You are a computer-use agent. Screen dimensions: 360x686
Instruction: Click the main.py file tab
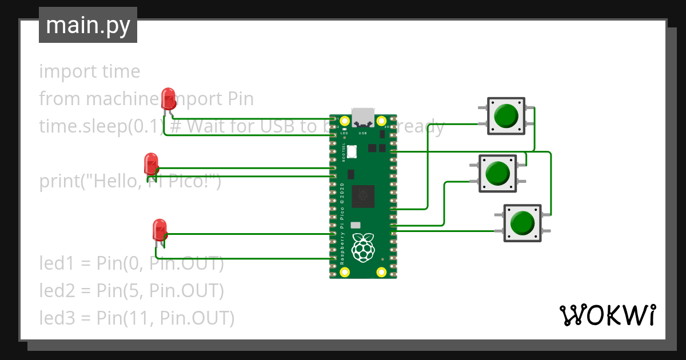coord(87,26)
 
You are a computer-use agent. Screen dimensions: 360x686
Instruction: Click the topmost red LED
coord(168,98)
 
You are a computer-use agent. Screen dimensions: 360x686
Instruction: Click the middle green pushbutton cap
coord(497,173)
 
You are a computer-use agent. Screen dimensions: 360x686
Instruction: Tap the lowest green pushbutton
coord(521,222)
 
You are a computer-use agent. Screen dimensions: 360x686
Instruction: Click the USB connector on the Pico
coord(363,117)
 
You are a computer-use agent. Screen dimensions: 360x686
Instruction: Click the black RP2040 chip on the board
coord(363,197)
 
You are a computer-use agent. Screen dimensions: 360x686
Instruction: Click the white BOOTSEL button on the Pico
coord(352,151)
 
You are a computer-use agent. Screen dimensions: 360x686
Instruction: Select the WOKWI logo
coord(607,315)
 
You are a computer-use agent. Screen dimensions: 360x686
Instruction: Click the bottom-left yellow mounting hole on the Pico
coord(344,272)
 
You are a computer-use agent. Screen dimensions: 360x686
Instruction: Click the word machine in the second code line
coord(122,99)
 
